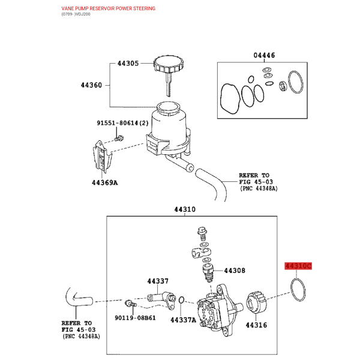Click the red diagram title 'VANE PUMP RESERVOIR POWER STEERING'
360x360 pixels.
pyautogui.click(x=109, y=8)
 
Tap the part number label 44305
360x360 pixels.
pyautogui.click(x=128, y=63)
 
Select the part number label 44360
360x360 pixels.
pyautogui.click(x=91, y=85)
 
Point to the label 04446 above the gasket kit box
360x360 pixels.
pyautogui.click(x=264, y=55)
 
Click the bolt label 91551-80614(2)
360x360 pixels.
pyautogui.click(x=122, y=123)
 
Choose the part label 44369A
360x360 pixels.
pyautogui.click(x=104, y=183)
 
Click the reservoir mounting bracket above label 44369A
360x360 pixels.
pyautogui.click(x=103, y=157)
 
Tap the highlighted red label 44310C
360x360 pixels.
pyautogui.click(x=298, y=266)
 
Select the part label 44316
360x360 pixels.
pyautogui.click(x=256, y=325)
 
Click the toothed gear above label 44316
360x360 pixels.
pyautogui.click(x=256, y=302)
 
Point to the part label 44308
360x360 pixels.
pyautogui.click(x=235, y=271)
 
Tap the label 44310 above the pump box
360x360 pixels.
pyautogui.click(x=185, y=209)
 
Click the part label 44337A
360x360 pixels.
pyautogui.click(x=183, y=320)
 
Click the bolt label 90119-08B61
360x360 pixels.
pyautogui.click(x=135, y=318)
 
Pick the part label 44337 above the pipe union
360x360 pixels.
pyautogui.click(x=158, y=281)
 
